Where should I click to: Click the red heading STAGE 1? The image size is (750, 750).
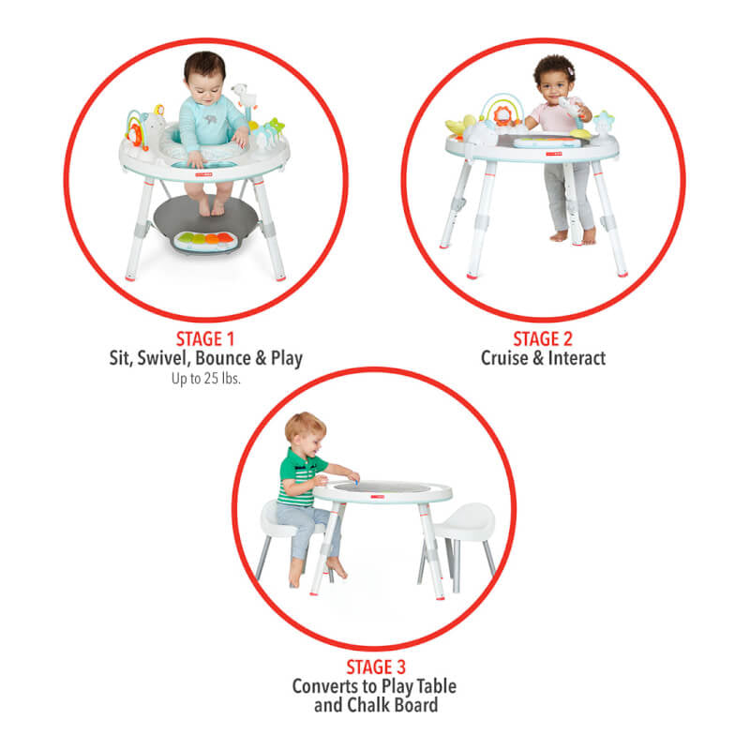(205, 339)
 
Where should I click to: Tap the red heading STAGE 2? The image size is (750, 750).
(543, 339)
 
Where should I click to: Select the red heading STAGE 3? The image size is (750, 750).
(376, 667)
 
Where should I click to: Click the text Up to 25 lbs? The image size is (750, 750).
(205, 379)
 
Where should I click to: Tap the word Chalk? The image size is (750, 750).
(368, 705)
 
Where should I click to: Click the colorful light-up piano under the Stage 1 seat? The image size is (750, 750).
(204, 241)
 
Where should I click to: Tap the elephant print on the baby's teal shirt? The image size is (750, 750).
(210, 119)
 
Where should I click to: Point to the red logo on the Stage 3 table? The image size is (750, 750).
(378, 497)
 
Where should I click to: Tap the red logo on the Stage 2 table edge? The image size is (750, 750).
(554, 154)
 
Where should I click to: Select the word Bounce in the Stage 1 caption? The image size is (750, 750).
(223, 358)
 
